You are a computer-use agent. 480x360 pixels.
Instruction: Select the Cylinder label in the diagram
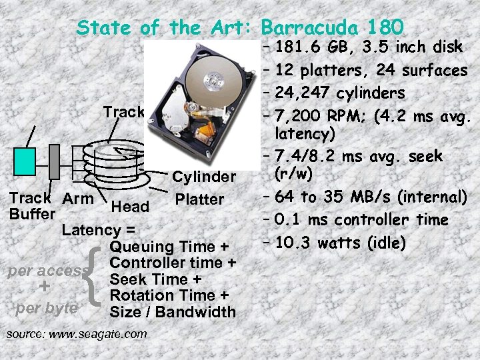tap(204, 177)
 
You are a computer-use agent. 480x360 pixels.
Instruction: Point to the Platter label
tap(199, 199)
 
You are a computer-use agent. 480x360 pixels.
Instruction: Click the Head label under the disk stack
tap(130, 207)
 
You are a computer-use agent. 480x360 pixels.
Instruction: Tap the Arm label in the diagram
tap(78, 198)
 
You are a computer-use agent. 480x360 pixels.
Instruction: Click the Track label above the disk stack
tap(123, 111)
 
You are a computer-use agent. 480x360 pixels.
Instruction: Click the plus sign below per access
tap(45, 287)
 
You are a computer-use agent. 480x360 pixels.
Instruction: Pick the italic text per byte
tap(46, 309)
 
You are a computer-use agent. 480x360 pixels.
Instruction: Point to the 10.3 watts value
tap(317, 243)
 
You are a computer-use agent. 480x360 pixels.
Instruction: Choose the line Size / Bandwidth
tap(172, 311)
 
